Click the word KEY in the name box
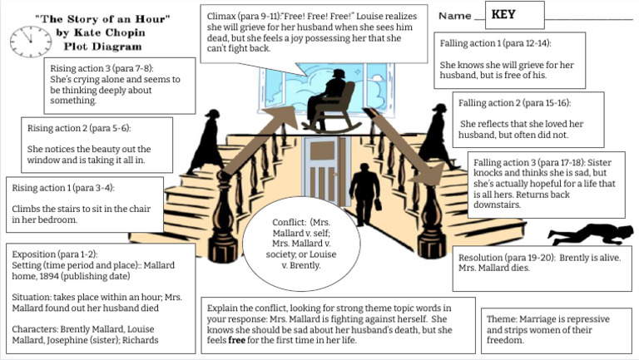503,14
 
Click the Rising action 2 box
97,143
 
